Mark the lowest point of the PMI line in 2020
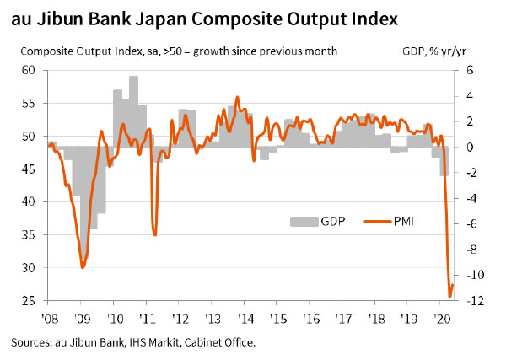point(449,296)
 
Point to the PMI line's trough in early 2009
point(82,267)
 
